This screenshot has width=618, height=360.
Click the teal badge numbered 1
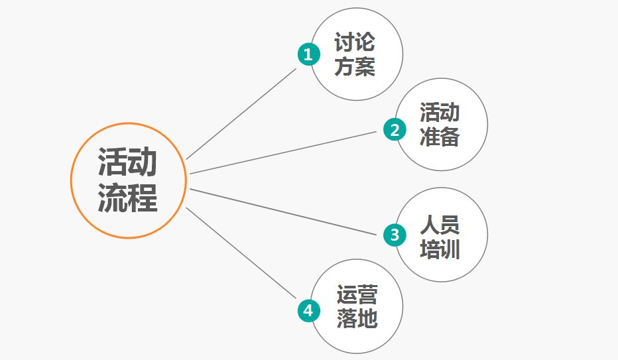click(x=308, y=54)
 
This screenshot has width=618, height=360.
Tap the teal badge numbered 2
click(x=395, y=129)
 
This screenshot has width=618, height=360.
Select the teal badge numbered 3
click(x=395, y=235)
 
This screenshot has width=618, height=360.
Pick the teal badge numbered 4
click(x=308, y=311)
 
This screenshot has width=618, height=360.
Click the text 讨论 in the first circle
click(x=355, y=42)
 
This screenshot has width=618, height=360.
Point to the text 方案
click(x=355, y=66)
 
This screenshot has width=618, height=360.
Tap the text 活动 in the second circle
click(x=440, y=113)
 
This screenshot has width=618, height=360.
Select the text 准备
click(x=440, y=137)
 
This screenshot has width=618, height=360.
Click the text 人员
click(x=440, y=225)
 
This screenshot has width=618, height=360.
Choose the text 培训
click(x=440, y=250)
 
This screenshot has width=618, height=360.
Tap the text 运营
click(x=357, y=294)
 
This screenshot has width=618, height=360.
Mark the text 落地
click(x=357, y=318)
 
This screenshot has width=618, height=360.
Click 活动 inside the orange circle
click(x=127, y=162)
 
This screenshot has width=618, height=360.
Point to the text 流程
click(x=127, y=198)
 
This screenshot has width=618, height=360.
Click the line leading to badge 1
click(x=241, y=114)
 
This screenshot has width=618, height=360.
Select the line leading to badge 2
click(x=283, y=153)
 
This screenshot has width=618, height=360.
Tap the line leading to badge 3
click(x=283, y=212)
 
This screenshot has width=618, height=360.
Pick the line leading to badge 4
click(x=241, y=253)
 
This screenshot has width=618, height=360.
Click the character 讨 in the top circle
click(x=344, y=42)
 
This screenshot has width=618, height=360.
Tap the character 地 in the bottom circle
click(x=368, y=318)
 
